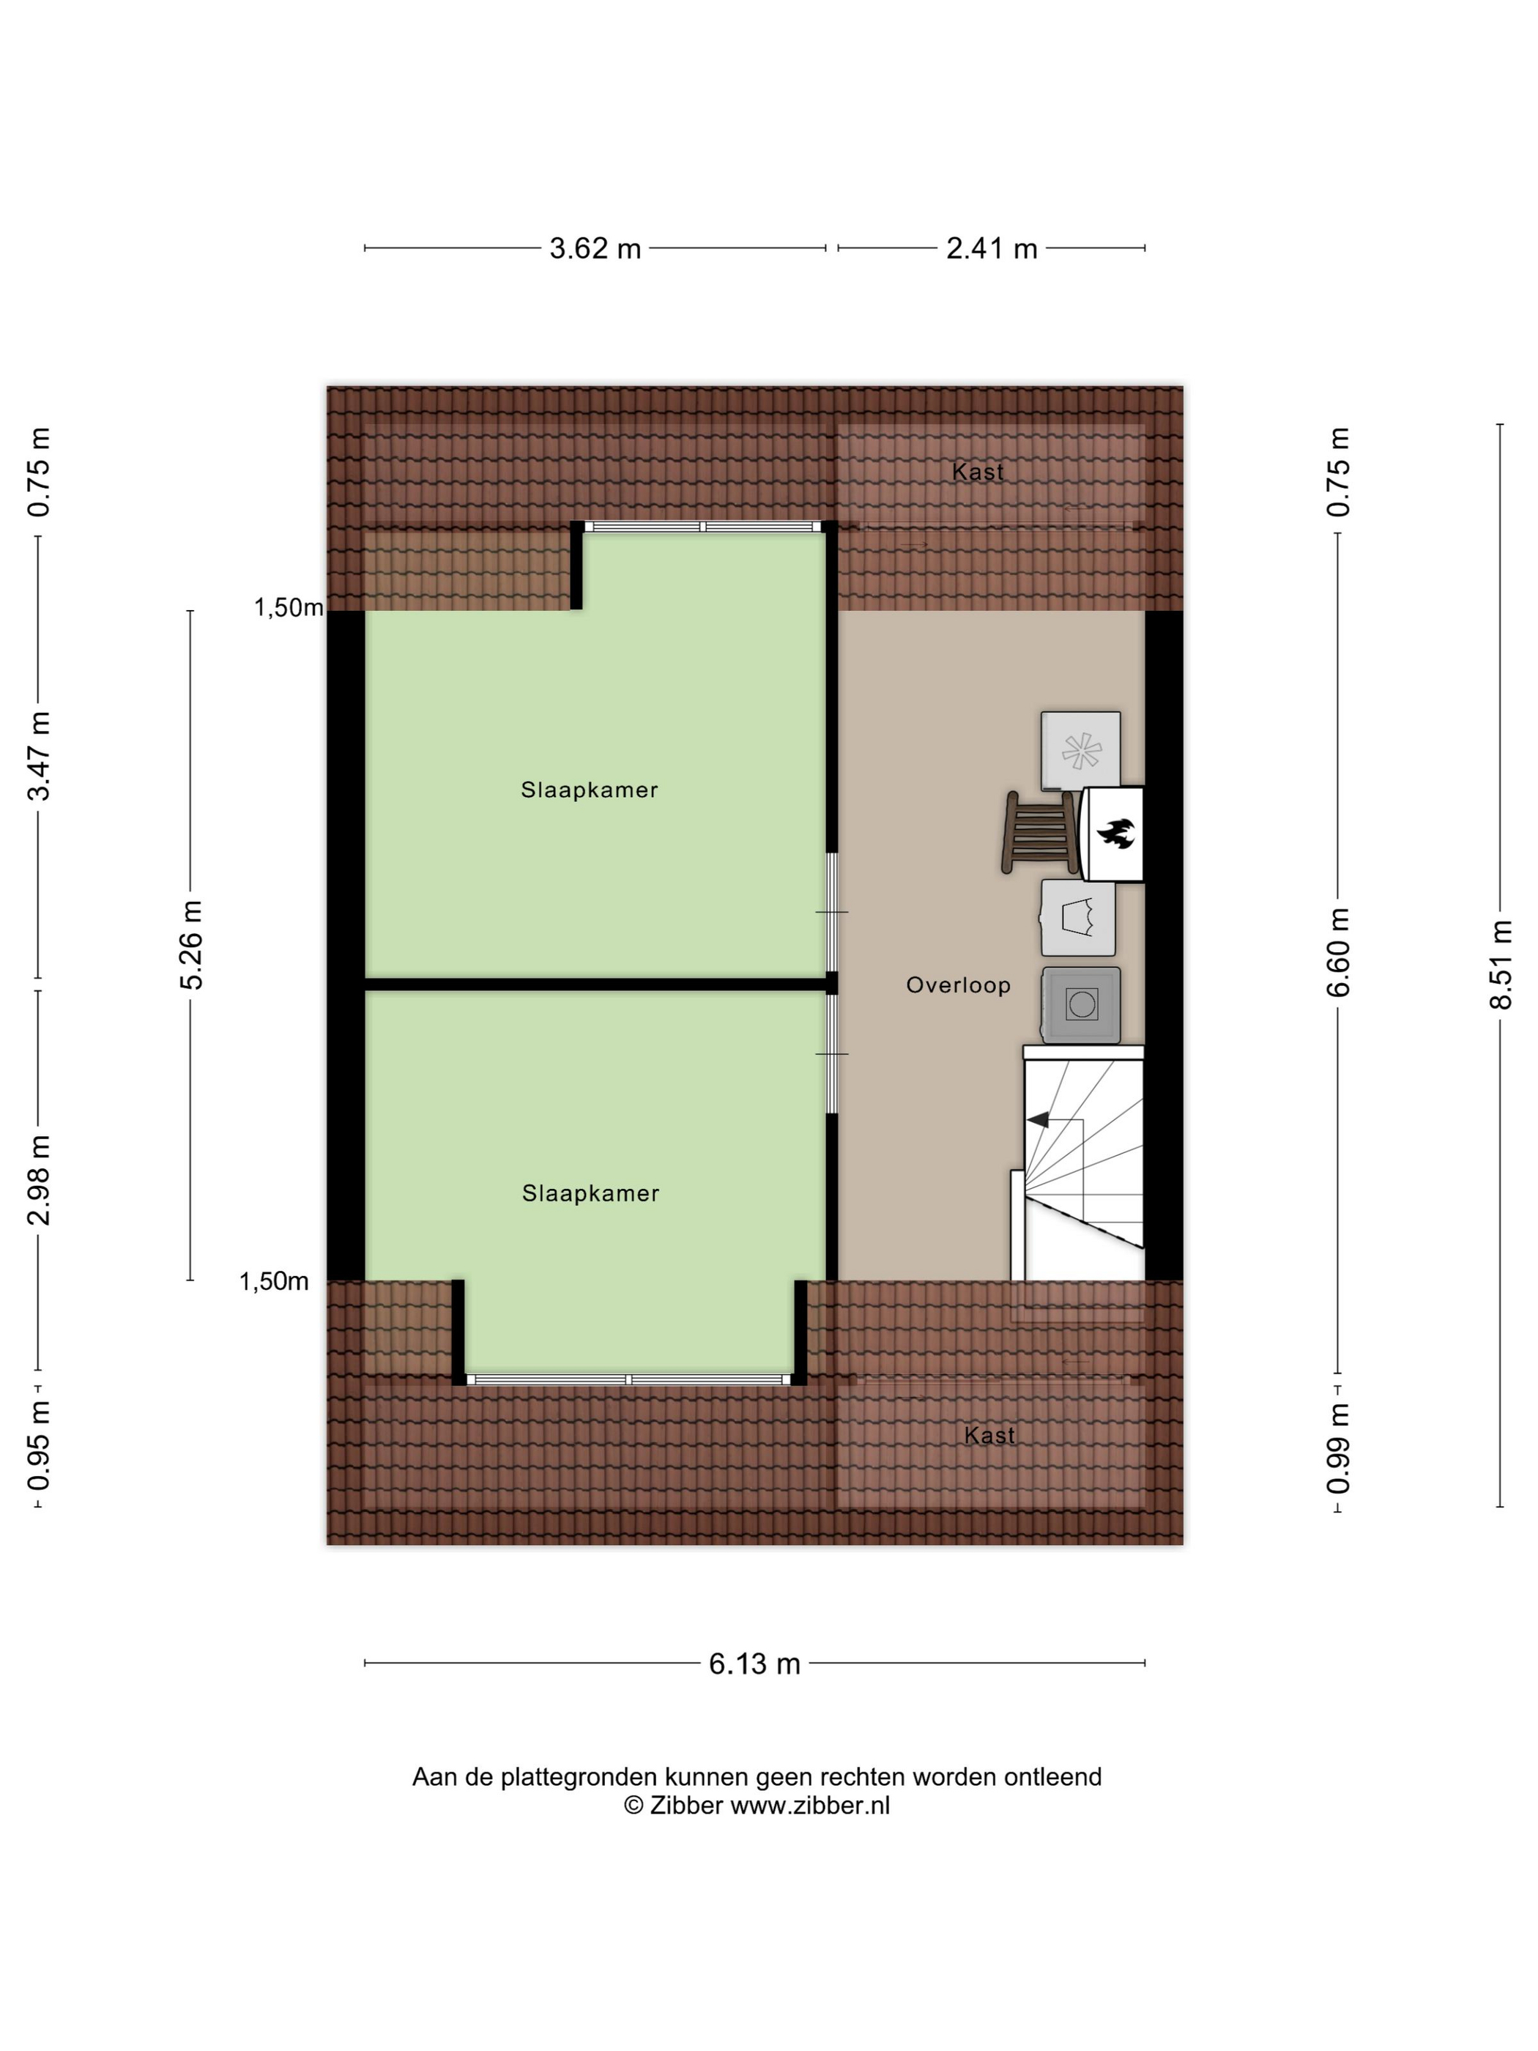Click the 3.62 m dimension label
pos(595,248)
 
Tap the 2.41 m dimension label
pos(991,248)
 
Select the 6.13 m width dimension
pos(754,1664)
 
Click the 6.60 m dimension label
pos(1339,952)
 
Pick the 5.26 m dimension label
pos(191,945)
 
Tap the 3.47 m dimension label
pos(39,756)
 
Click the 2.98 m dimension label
pos(39,1179)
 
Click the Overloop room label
pos(958,986)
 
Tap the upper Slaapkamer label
pos(590,790)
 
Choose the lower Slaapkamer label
pos(590,1193)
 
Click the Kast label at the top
pos(978,472)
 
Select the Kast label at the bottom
pos(989,1435)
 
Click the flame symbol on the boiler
pos(1116,833)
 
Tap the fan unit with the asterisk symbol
pos(1081,751)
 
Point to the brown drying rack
pos(1040,831)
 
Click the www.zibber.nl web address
pos(810,1806)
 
